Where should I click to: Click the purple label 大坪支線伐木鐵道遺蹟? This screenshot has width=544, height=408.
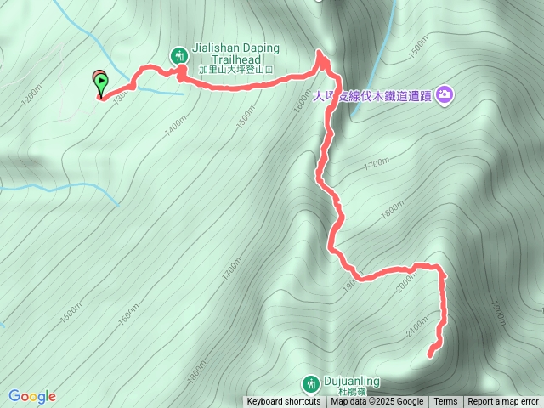click(374, 96)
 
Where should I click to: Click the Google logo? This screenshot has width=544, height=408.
click(31, 396)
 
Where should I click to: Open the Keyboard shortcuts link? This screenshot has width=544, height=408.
click(284, 402)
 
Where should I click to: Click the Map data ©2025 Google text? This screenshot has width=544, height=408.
click(377, 402)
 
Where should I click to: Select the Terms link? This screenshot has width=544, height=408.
click(445, 402)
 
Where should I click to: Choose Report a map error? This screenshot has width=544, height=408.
click(503, 402)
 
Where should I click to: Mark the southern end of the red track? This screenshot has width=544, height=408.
click(430, 353)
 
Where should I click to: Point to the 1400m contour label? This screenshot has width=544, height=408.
click(176, 128)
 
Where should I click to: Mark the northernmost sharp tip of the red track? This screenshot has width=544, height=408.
click(322, 53)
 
